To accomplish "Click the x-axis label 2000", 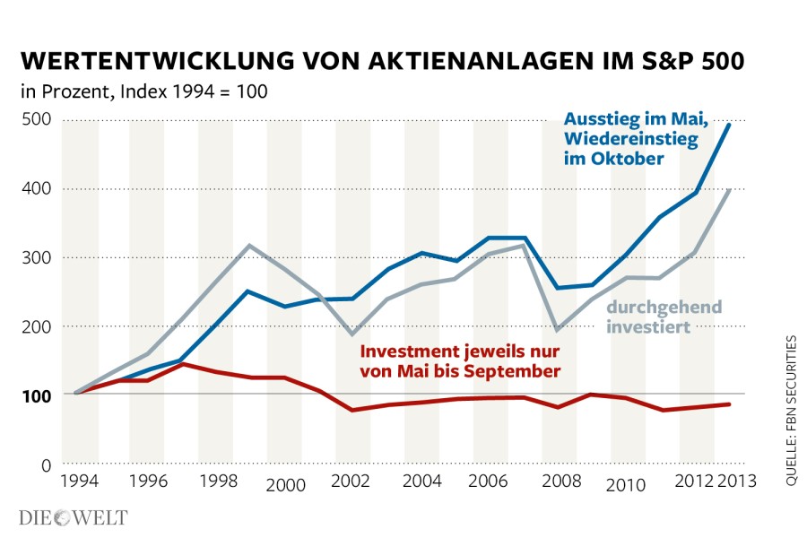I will pos(284,485).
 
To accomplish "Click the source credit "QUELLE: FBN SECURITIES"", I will pos(792,411).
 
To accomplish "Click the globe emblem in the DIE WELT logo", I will pos(66,517).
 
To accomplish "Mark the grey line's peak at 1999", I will pos(249,245).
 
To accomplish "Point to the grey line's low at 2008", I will pos(558,330).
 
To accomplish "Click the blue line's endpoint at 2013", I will pos(729,124).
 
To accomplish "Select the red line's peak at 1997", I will pos(181,364).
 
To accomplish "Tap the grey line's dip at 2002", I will pos(351,334).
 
